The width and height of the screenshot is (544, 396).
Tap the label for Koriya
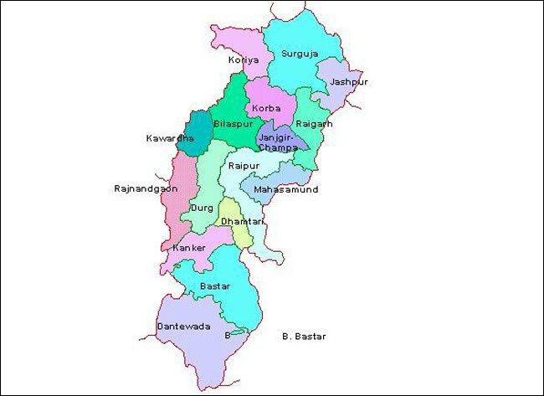pyautogui.click(x=243, y=60)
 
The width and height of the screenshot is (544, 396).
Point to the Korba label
pyautogui.click(x=266, y=109)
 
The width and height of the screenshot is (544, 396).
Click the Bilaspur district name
pyautogui.click(x=232, y=124)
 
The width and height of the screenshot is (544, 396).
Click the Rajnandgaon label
pyautogui.click(x=146, y=189)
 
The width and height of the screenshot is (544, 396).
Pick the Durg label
pyautogui.click(x=201, y=208)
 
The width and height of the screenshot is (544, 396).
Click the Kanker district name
pyautogui.click(x=187, y=249)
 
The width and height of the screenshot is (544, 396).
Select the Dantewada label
pyautogui.click(x=183, y=326)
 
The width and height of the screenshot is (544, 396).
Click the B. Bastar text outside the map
pyautogui.click(x=304, y=337)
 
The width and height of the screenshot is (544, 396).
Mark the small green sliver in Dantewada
pyautogui.click(x=239, y=335)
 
